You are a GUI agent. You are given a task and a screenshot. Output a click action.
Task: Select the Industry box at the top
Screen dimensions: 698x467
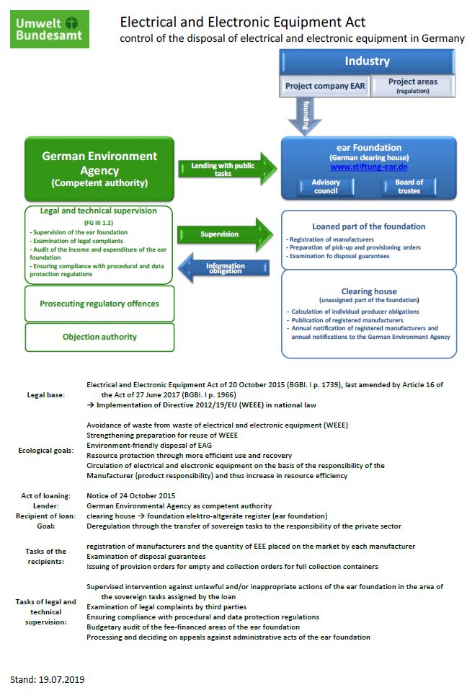(367, 61)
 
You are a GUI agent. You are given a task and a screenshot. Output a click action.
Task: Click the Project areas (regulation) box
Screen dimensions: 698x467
(412, 86)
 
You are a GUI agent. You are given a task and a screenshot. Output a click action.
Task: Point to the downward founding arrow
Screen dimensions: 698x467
(304, 116)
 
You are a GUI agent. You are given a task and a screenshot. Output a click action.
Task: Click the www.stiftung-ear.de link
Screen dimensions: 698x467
(369, 167)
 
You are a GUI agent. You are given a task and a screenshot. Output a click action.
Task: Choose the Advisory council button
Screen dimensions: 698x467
(326, 187)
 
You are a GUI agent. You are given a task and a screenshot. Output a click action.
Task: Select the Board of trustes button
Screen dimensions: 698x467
(409, 187)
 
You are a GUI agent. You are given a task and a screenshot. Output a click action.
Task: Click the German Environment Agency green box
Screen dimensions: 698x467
(99, 169)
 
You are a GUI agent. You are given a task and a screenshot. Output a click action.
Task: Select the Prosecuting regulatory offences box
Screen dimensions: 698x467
(99, 304)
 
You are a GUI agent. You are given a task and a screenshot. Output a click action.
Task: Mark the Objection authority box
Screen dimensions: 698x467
(99, 337)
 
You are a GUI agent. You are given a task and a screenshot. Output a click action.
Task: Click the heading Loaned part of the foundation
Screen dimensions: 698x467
(368, 226)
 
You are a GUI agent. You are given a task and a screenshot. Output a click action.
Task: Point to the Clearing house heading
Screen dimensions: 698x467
(369, 291)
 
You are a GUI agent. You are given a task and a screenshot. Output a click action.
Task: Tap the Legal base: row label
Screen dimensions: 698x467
(45, 395)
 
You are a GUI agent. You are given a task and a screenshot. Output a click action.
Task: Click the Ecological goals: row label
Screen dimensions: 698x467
(46, 451)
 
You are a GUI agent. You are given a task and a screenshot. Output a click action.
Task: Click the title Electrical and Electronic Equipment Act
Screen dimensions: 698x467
(242, 23)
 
